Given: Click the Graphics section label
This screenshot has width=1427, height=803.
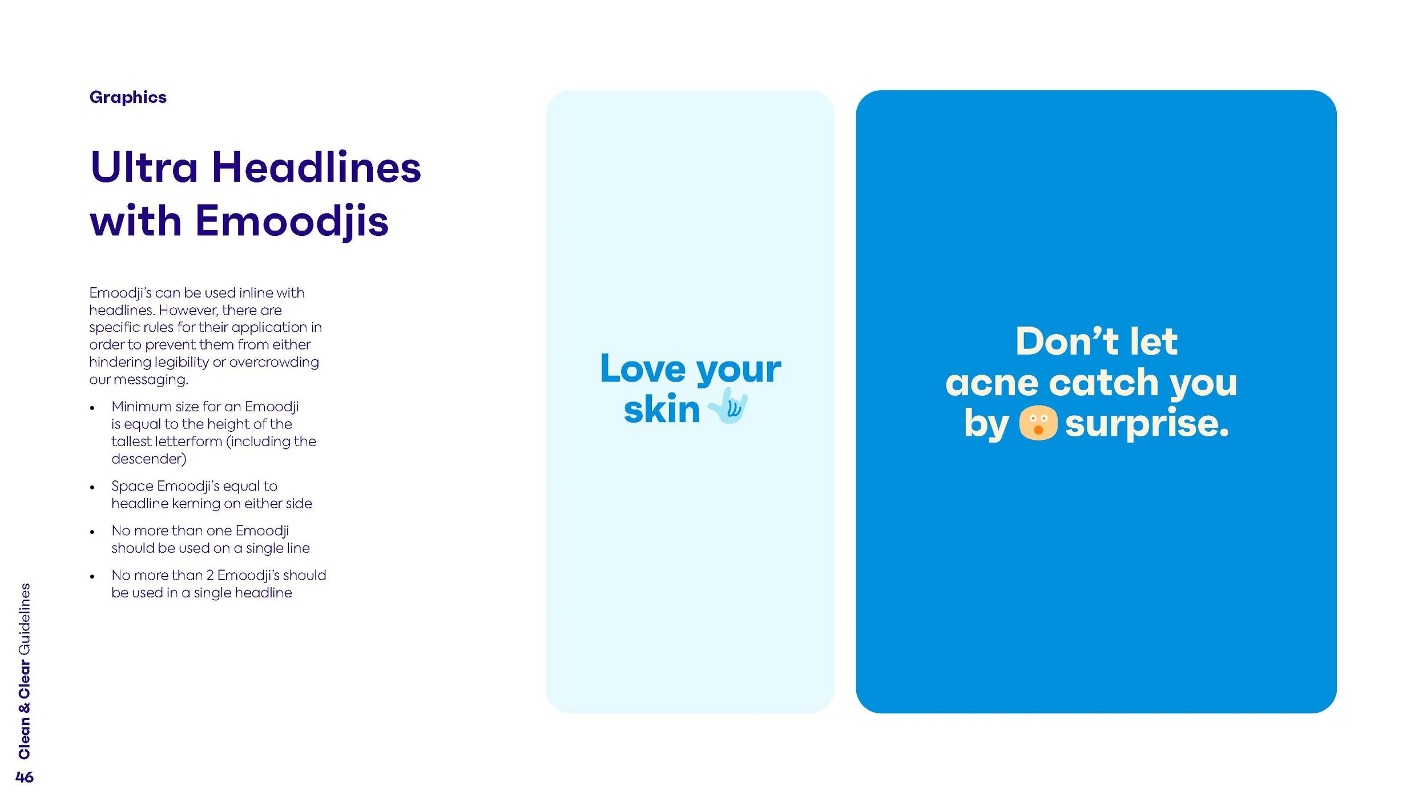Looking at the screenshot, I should (x=128, y=97).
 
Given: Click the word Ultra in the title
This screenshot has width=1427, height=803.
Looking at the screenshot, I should (x=144, y=167).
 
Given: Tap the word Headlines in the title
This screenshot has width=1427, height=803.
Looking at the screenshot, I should (x=316, y=167).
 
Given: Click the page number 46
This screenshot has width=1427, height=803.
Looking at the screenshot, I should (x=25, y=777).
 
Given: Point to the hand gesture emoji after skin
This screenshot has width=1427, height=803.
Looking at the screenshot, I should (x=728, y=406).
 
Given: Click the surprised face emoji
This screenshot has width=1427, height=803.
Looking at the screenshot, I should (x=1038, y=423).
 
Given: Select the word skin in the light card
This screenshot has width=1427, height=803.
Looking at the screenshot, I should (x=662, y=409).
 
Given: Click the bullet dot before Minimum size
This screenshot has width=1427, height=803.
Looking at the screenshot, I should (x=92, y=408).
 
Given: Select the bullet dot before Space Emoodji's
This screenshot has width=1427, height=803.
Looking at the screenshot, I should (x=92, y=488).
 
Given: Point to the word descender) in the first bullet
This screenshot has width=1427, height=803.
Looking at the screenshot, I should (x=149, y=459).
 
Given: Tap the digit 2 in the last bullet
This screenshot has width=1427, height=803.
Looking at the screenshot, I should (x=210, y=575).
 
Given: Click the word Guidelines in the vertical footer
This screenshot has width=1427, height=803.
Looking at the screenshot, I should (x=25, y=620).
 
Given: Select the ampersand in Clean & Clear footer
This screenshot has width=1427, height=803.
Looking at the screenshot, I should (x=25, y=708).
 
